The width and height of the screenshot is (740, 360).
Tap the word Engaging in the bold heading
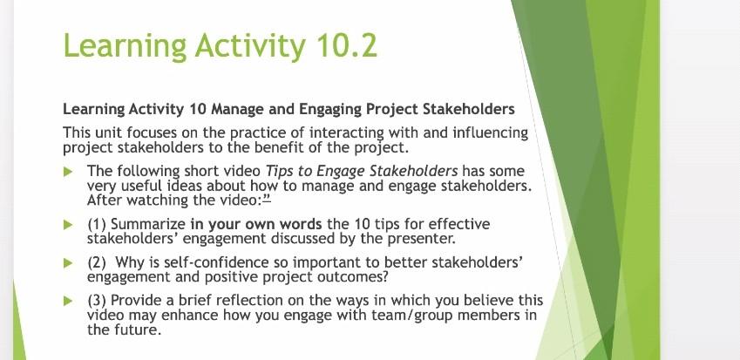click(328, 111)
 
